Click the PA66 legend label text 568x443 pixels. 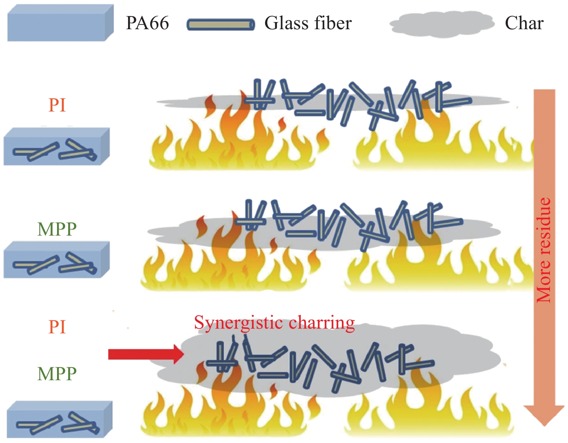point(147,23)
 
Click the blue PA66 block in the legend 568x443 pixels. point(60,23)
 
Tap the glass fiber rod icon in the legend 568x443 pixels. point(221,25)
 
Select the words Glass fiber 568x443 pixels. point(308,23)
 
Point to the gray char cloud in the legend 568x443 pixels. point(442,24)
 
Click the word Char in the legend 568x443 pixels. point(524,23)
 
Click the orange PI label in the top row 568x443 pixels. point(57,105)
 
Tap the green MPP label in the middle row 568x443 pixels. point(57,229)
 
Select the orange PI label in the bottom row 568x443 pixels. point(57,327)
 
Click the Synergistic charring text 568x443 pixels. point(274,323)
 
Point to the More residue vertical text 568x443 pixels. point(544,250)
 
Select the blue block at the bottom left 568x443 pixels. point(60,420)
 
